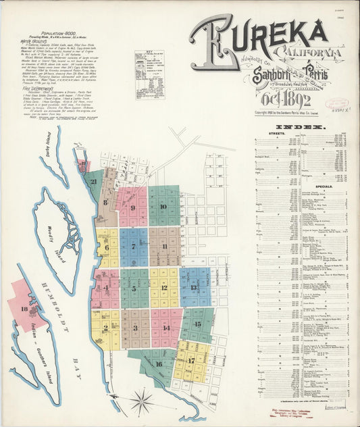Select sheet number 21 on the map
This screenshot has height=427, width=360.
pos(94,181)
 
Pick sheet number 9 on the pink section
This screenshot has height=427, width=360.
pos(132,208)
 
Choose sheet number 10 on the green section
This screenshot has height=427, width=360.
pos(163,206)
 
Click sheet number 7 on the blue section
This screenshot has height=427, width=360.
pos(133,247)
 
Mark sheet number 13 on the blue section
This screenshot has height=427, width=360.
pos(194,287)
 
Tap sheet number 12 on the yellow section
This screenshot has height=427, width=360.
pos(163,287)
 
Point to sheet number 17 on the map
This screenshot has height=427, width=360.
pos(191,360)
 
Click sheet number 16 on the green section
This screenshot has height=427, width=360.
pos(159,363)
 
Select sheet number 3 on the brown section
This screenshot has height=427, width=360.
pos(135,328)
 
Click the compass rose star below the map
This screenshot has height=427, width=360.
pos(142,402)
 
